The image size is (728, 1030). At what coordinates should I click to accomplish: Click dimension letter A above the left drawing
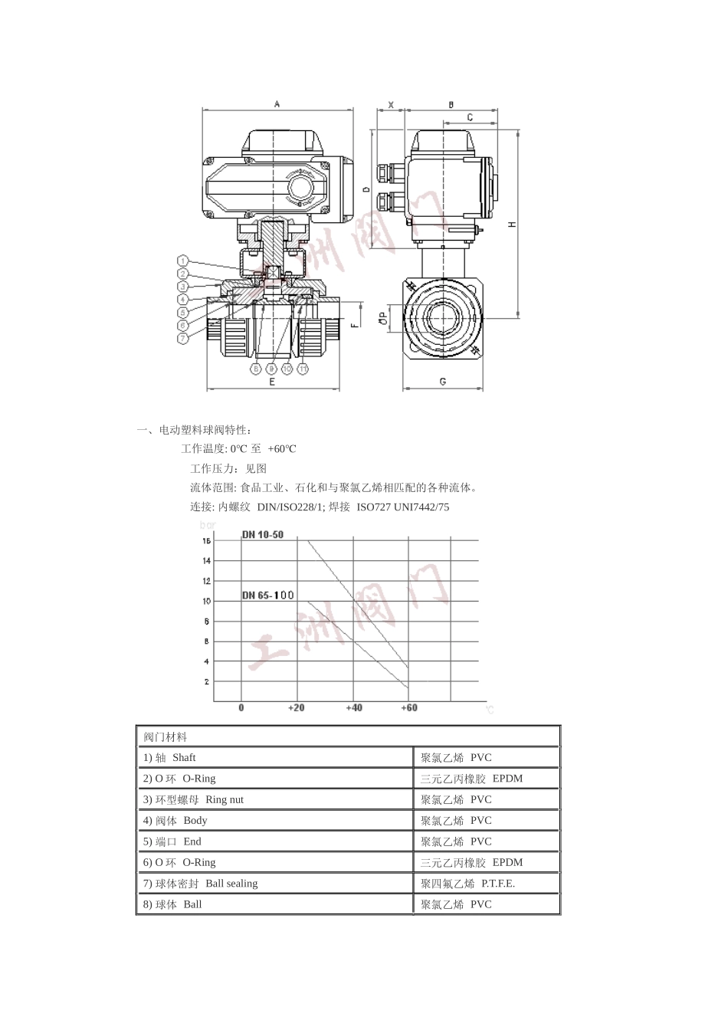coord(277,104)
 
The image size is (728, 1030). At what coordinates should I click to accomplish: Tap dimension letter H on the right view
coord(513,224)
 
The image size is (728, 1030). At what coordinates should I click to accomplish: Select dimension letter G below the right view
coord(443,381)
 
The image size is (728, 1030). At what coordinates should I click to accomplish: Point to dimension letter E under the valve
coord(272,381)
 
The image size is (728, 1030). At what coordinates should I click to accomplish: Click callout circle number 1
coord(183,261)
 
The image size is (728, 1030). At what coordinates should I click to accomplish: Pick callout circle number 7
coord(183,338)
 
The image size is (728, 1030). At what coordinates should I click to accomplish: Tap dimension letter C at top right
coord(470,117)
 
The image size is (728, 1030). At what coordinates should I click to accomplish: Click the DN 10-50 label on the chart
coord(263,535)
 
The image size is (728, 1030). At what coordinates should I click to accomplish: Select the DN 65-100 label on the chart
coord(267,595)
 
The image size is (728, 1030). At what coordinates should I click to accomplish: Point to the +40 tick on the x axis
coord(354,707)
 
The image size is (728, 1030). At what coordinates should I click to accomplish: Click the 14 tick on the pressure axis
coord(206,561)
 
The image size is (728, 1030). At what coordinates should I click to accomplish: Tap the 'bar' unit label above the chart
coord(207,526)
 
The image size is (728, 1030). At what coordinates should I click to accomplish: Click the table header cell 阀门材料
coord(166,737)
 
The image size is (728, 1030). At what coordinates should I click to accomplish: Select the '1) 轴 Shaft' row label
coord(169,758)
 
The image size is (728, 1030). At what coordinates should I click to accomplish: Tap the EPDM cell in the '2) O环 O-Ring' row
coord(507,779)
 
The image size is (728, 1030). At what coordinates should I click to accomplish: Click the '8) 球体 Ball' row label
coord(172,905)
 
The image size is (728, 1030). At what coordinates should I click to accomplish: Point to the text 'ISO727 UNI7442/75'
coord(403,507)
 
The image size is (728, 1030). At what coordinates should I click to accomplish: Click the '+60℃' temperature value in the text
coord(281,449)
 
